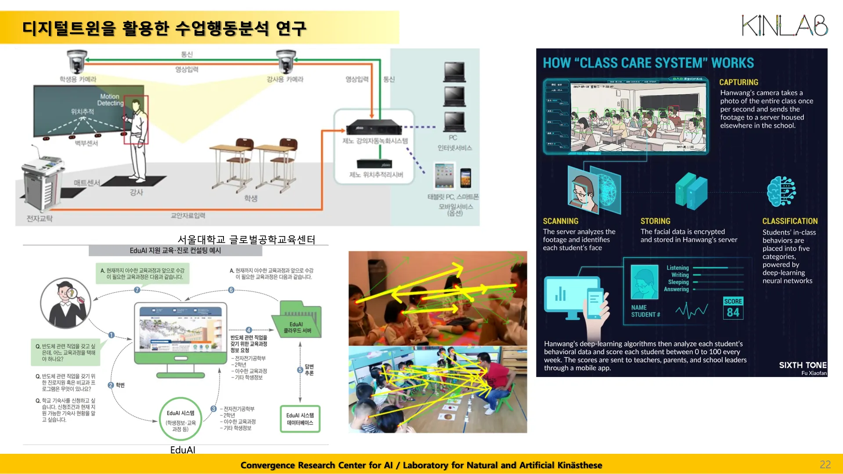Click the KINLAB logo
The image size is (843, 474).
tap(785, 25)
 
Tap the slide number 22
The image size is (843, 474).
tap(825, 464)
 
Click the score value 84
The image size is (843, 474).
tap(733, 312)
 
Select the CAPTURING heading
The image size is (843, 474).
tap(739, 83)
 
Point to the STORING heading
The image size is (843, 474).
tap(655, 221)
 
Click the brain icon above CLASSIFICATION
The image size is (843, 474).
tap(782, 191)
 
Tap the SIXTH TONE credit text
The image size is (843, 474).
tap(803, 365)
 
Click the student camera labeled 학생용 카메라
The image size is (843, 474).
tap(77, 61)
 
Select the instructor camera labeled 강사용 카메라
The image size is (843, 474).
tap(286, 61)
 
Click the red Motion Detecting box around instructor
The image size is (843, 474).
tap(136, 119)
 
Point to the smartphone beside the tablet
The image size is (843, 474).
tap(466, 178)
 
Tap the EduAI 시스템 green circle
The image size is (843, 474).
tap(180, 419)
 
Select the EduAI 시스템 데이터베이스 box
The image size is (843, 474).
tap(300, 419)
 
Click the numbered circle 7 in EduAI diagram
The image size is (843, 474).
tap(137, 290)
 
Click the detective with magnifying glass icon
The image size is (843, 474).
tap(66, 303)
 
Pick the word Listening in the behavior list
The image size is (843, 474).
tap(677, 268)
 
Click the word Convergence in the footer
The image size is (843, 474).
tap(267, 465)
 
